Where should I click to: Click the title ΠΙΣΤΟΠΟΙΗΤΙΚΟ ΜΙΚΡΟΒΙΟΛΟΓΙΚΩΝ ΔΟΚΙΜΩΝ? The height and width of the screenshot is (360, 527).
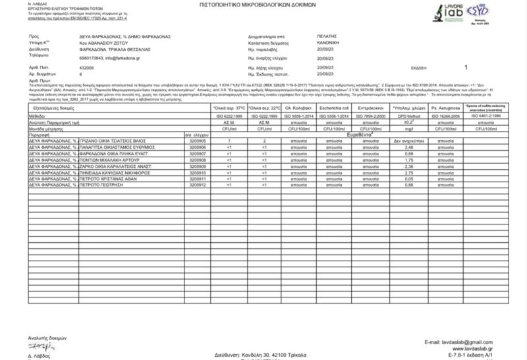263,4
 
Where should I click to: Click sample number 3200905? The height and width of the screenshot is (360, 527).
198,141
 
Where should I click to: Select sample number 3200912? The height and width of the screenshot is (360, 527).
198,185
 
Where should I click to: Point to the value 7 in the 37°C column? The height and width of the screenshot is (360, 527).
229,141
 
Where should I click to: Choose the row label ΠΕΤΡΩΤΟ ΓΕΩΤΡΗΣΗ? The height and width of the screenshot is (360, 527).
116,185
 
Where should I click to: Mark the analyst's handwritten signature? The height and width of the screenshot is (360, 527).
39,347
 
